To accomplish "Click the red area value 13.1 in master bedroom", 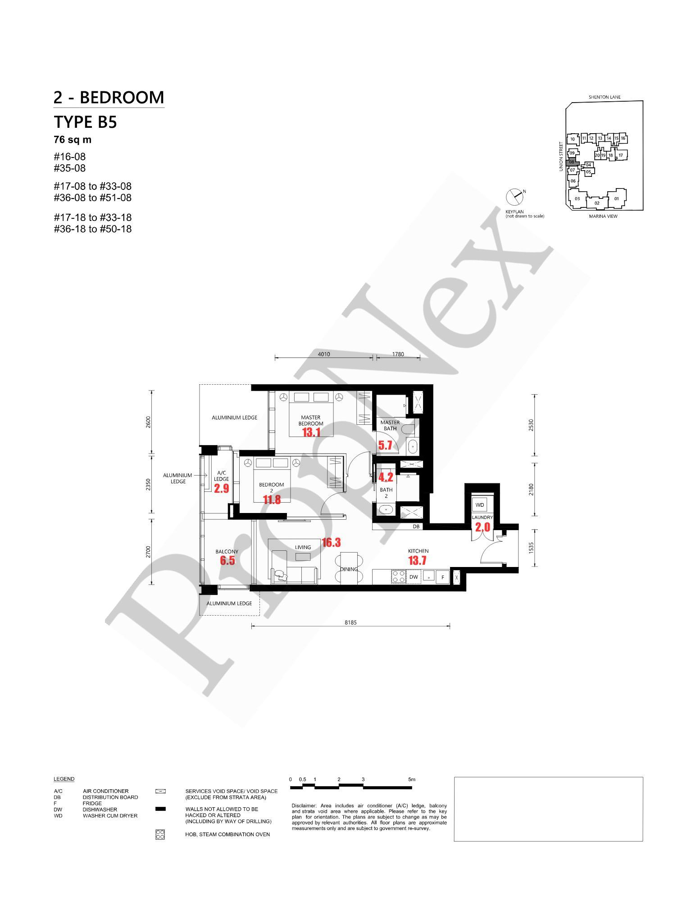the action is click(x=311, y=432).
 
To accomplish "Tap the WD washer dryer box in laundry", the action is click(x=480, y=505).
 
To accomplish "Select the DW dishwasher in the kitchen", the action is click(x=414, y=576).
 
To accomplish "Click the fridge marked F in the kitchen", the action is click(x=443, y=576).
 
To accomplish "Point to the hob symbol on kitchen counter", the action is click(x=398, y=576).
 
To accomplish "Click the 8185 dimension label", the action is click(x=350, y=622).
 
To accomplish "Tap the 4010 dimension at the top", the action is click(x=324, y=354).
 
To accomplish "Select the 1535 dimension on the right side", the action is click(x=531, y=548).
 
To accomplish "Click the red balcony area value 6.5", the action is click(x=227, y=561).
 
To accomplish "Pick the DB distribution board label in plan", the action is click(x=416, y=526).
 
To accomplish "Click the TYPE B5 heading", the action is click(x=85, y=122).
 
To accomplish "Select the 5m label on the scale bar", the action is click(x=411, y=779).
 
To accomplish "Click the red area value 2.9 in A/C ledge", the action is click(x=221, y=489).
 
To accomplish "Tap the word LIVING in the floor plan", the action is click(x=303, y=547).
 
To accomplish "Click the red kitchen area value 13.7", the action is click(x=417, y=561).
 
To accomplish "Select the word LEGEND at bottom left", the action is click(x=64, y=779).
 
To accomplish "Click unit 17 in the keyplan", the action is click(x=620, y=155).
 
